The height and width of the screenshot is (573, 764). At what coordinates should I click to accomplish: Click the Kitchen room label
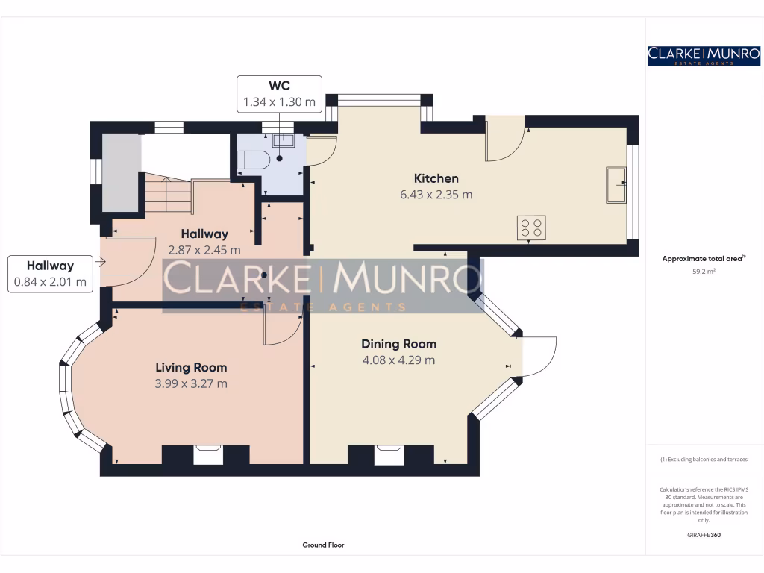436,178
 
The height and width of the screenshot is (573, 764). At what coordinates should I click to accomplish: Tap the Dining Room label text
398,344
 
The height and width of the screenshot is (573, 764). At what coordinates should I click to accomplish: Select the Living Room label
191,367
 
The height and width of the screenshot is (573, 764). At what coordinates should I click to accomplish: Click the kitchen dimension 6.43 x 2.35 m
436,195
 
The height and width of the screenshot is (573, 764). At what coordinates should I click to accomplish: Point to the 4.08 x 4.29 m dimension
398,360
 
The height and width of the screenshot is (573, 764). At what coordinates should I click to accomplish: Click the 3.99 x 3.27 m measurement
191,383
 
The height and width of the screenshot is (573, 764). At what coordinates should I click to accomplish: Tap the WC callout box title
279,86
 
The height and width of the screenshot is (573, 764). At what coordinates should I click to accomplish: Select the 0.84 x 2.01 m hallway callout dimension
50,281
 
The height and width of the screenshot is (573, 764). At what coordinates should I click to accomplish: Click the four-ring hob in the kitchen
531,228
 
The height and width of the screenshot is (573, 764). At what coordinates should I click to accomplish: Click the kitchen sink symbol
616,185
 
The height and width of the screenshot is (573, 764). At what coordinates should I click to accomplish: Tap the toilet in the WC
254,160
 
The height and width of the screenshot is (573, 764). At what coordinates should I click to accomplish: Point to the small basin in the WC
284,140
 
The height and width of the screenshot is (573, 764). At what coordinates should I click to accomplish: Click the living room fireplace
209,454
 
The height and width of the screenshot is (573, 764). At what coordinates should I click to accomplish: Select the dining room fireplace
389,454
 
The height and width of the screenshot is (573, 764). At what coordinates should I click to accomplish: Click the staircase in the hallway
168,192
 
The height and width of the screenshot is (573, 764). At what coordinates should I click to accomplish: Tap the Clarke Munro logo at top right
704,56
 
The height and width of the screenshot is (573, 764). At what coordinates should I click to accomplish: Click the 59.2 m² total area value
704,272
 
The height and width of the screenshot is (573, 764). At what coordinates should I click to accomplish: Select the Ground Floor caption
323,545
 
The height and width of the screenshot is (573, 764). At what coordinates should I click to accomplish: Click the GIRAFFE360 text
704,535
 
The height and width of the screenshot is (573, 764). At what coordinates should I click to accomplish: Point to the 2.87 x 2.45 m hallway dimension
204,250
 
